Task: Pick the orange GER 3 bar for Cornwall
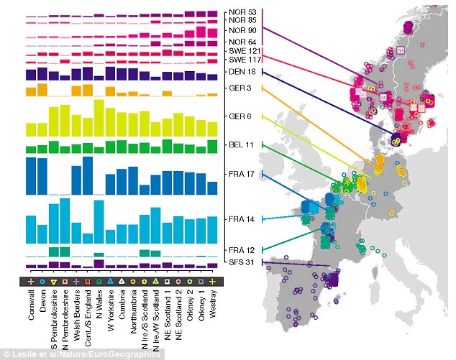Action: tap(32, 91)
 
